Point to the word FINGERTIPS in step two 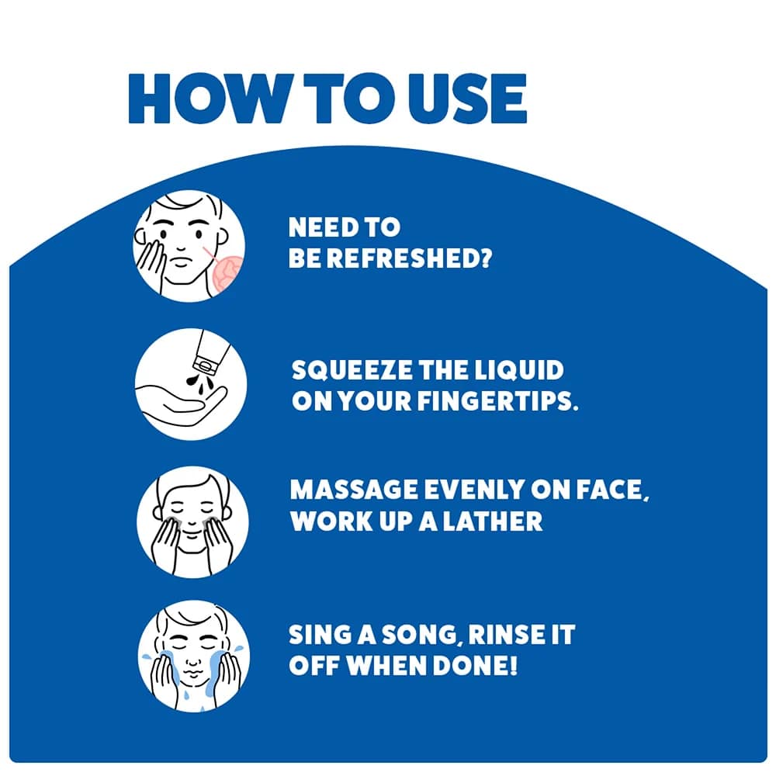click(x=497, y=400)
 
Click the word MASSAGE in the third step click(x=353, y=490)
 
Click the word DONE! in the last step click(x=475, y=666)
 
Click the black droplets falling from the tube click(x=199, y=384)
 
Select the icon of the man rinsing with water click(x=193, y=656)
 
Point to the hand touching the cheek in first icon click(x=151, y=263)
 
